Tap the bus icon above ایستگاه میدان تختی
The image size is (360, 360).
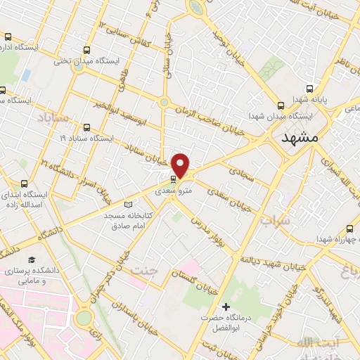point(86,50)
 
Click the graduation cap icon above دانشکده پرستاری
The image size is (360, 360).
point(30,259)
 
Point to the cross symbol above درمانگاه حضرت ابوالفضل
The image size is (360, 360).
point(226,307)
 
